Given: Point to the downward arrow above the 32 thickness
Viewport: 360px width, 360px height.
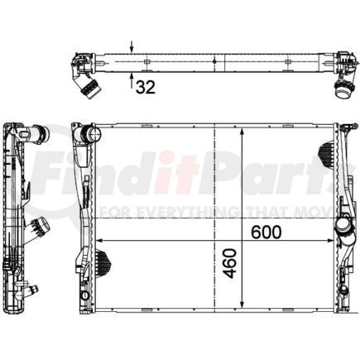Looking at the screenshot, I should (x=132, y=48).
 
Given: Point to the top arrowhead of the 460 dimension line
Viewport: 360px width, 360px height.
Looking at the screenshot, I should (x=241, y=132).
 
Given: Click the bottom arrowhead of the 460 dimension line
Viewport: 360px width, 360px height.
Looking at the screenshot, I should (x=241, y=306).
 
